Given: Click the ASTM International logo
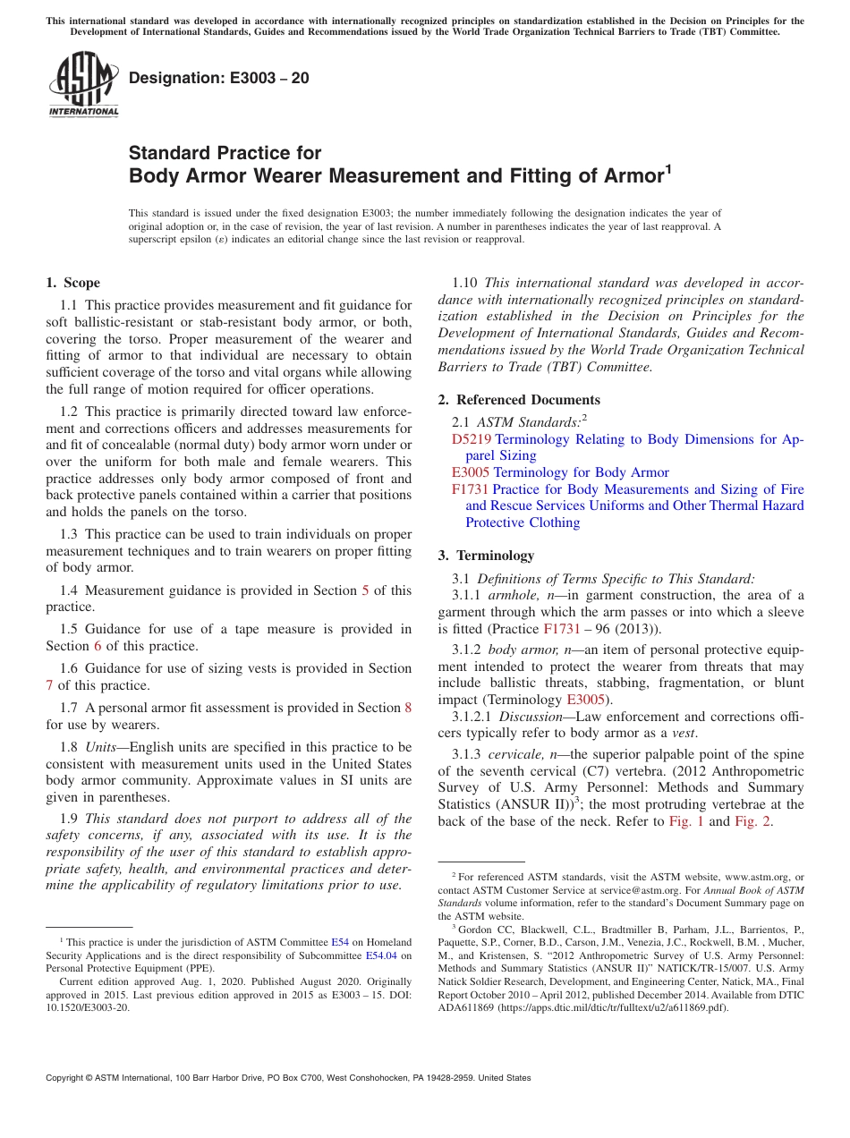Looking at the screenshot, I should [83, 85].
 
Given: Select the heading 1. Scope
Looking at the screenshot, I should [72, 283].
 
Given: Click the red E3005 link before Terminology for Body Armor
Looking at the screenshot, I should [471, 472].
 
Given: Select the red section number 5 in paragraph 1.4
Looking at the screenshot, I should [365, 590].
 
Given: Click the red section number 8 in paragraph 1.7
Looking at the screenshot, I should [408, 708].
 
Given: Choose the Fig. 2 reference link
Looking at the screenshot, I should [753, 821].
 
